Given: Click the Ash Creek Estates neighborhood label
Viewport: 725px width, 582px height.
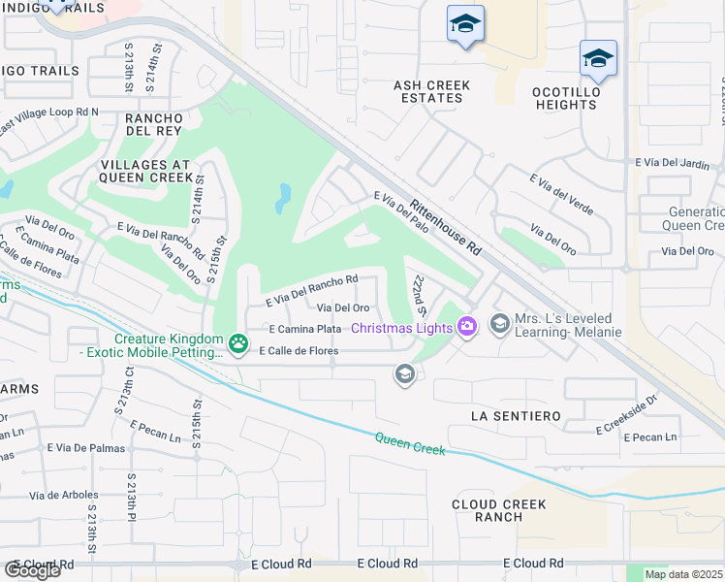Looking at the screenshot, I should pos(431,92).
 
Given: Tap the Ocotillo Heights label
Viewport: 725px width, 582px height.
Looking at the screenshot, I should pos(592,98).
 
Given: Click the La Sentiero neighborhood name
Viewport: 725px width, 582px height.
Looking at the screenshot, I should pos(515,415).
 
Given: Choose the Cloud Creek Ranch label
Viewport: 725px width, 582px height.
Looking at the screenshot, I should pos(499,510).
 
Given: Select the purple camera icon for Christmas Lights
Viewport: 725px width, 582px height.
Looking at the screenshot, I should pos(467,327).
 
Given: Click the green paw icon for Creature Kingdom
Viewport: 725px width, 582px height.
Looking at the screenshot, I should pos(238,342).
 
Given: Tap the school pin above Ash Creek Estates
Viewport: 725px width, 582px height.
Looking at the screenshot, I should pos(465,24).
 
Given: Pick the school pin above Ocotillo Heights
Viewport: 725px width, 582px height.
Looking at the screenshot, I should pos(598,58).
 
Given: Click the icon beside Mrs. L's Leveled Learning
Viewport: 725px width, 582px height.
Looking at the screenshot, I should pos(500,322).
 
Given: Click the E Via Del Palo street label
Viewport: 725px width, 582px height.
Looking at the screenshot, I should pos(401,211).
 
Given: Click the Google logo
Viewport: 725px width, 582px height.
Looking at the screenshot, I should pos(33,569).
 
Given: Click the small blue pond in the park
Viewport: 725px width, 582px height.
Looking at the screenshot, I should pos(282,198).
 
